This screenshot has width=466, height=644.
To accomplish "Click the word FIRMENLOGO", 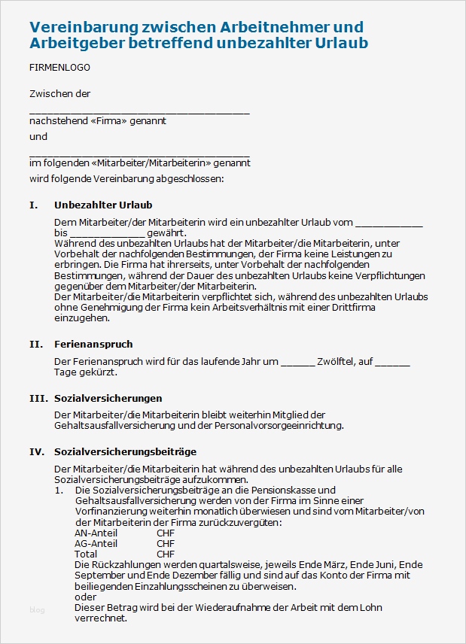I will tap(59, 68).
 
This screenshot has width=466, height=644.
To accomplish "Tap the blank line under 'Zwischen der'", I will tap(139, 110).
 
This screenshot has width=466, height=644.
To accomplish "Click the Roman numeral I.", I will tap(32, 205).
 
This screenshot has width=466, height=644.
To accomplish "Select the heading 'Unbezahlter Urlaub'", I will tap(103, 205).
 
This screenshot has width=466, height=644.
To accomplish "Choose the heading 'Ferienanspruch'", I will tap(93, 344).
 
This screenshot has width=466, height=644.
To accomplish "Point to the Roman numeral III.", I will tap(37, 398).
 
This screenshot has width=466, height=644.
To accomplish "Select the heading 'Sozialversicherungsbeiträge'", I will tap(125, 451).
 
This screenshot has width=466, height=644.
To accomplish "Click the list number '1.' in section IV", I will tap(59, 491).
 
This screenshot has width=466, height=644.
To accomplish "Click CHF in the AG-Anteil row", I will tap(166, 543).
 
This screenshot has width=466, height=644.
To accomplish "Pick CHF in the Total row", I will tap(166, 554).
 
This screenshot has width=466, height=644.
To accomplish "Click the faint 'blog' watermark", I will tap(37, 610).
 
